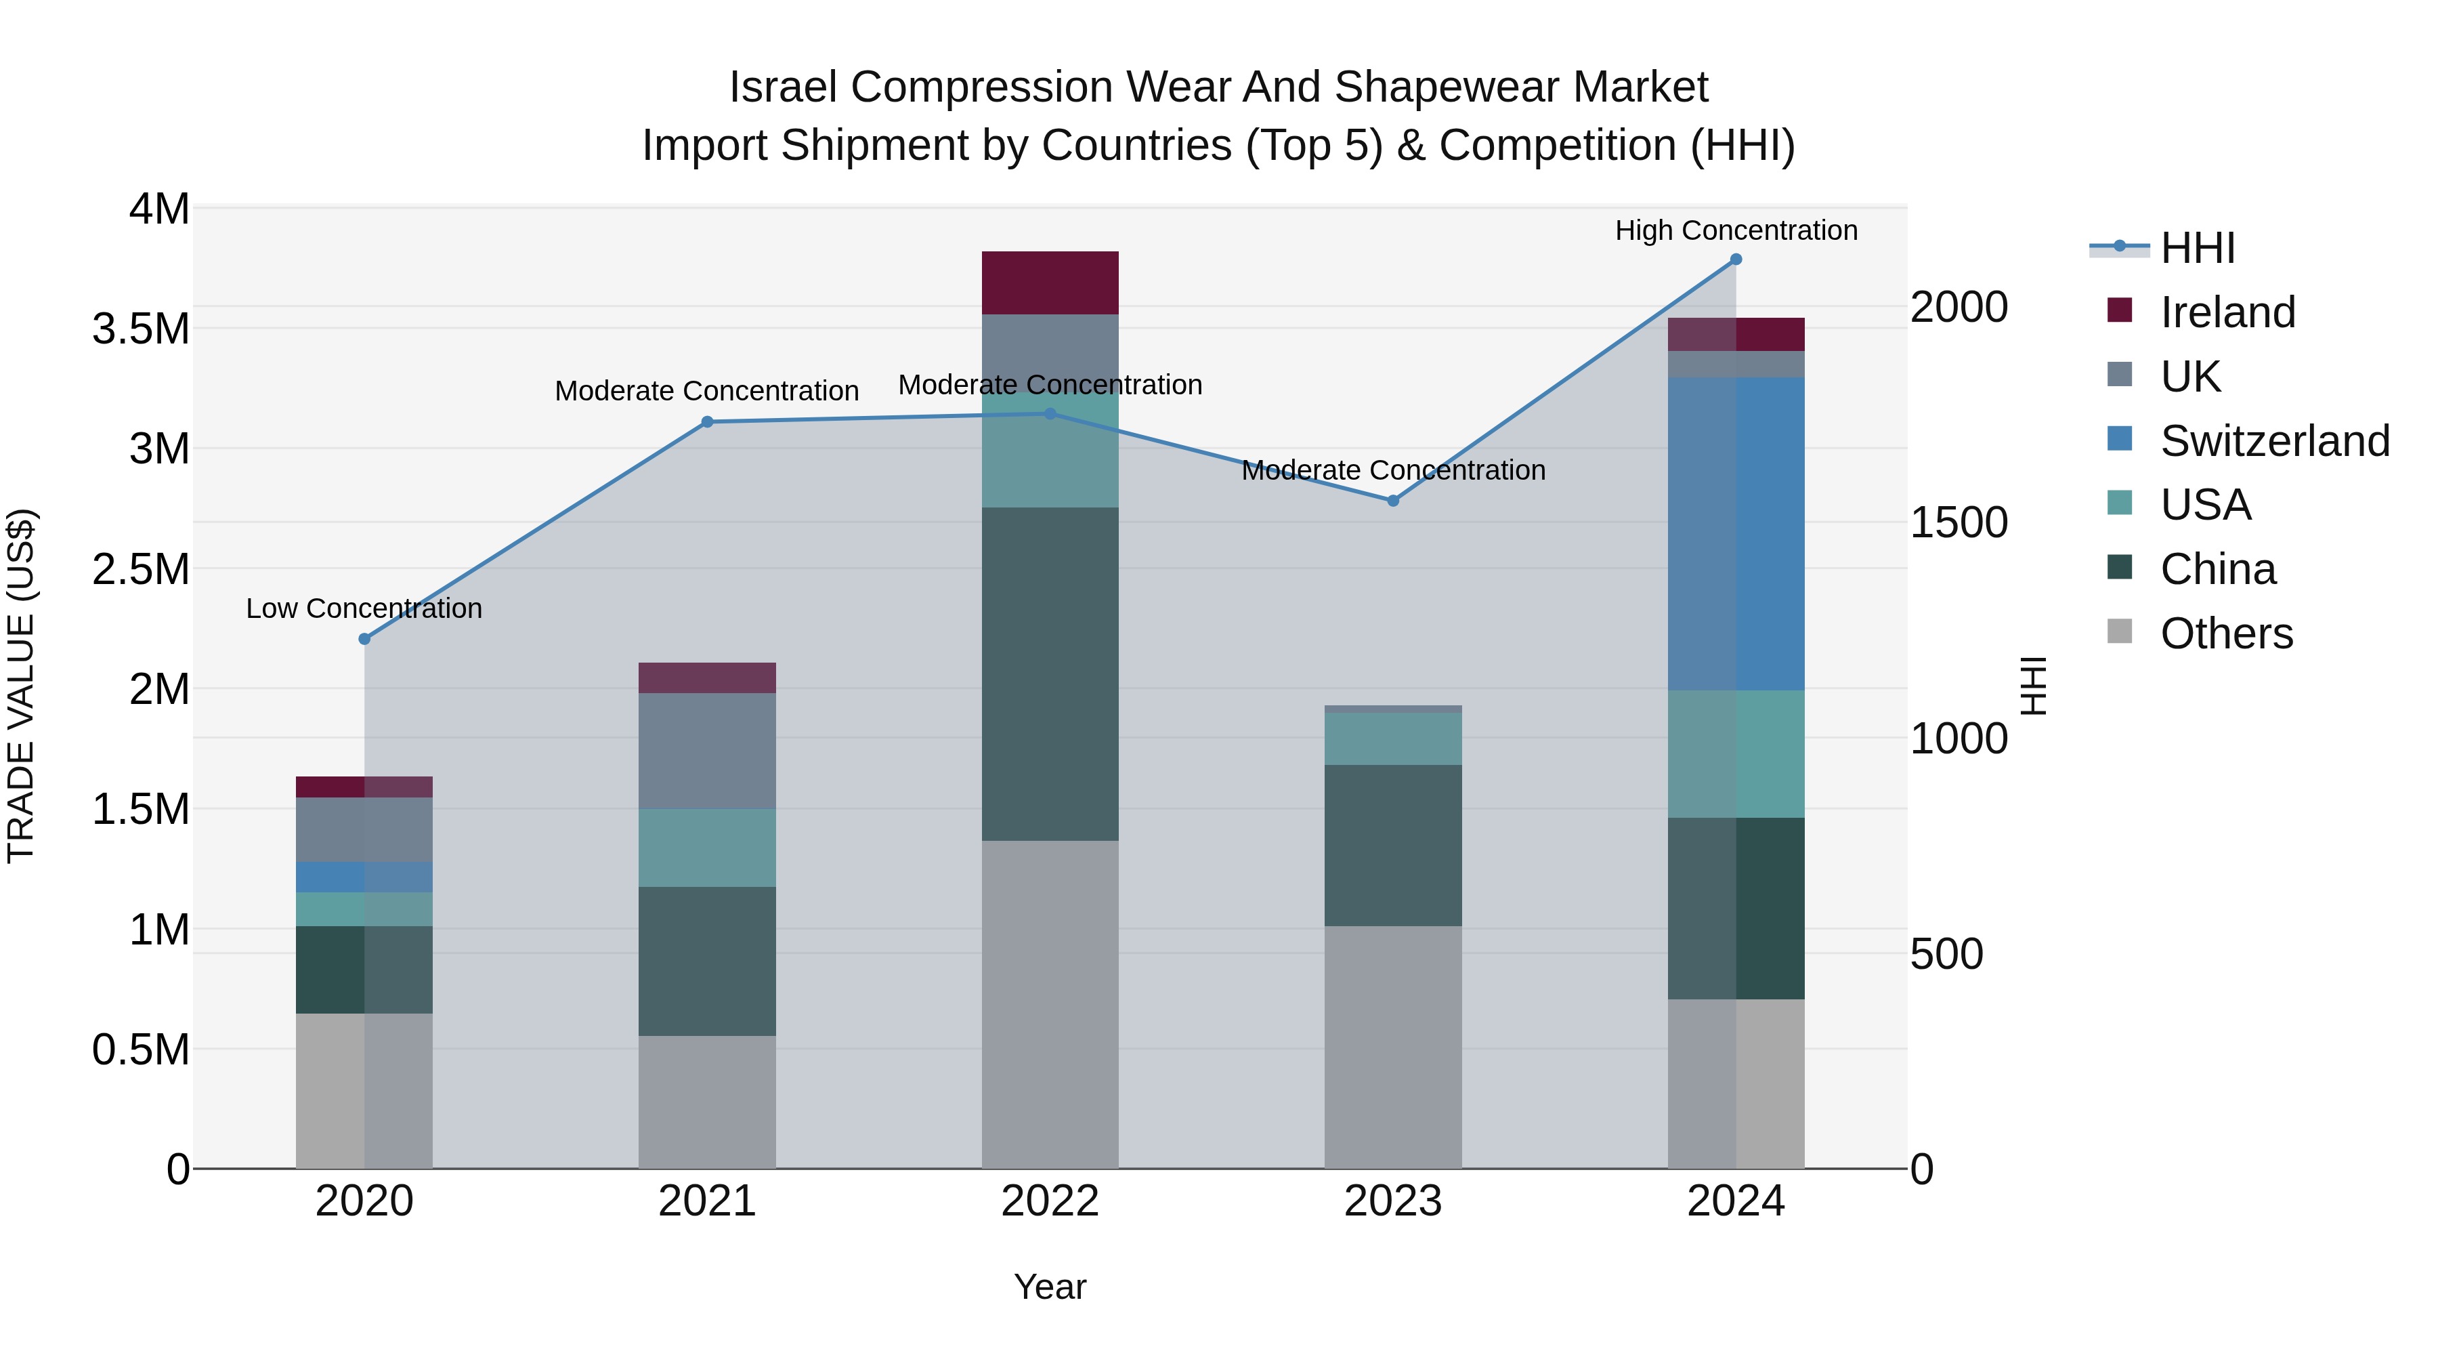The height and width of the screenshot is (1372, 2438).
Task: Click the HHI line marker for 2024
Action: pos(1736,259)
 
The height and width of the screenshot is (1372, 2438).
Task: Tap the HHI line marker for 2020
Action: pos(364,639)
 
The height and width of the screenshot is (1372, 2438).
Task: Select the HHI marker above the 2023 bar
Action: pos(1393,501)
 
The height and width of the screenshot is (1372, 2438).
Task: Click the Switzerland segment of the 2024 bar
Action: pos(1736,534)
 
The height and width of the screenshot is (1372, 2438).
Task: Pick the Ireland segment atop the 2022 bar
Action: pos(1050,283)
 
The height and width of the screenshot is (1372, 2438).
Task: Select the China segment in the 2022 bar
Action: pos(1050,674)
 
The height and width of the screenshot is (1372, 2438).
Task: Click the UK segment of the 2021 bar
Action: pos(707,751)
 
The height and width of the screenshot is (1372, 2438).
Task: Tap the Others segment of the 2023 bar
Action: pos(1393,1047)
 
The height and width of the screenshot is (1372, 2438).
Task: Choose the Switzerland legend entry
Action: pos(2274,441)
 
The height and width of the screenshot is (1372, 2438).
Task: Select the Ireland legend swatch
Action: pos(2120,310)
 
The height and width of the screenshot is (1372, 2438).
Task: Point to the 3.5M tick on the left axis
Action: pos(140,329)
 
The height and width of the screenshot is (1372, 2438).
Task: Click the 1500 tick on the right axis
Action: pos(1958,522)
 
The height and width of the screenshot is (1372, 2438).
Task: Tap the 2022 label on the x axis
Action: pos(1050,1201)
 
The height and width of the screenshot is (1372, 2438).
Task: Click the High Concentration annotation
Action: pos(1736,230)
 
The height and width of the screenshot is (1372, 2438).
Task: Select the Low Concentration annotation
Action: pos(364,608)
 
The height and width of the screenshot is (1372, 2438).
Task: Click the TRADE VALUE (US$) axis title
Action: pos(21,686)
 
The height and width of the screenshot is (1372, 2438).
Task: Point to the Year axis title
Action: pos(1050,1287)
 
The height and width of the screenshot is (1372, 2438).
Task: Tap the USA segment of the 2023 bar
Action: pos(1393,739)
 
